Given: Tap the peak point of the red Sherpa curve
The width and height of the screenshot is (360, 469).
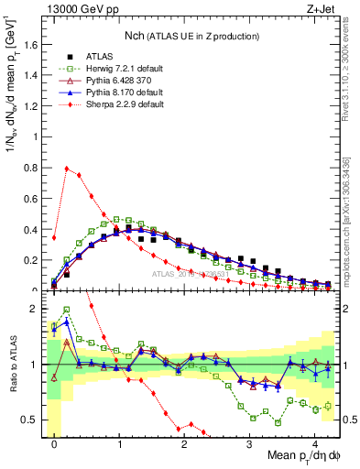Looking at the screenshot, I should (x=67, y=169).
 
